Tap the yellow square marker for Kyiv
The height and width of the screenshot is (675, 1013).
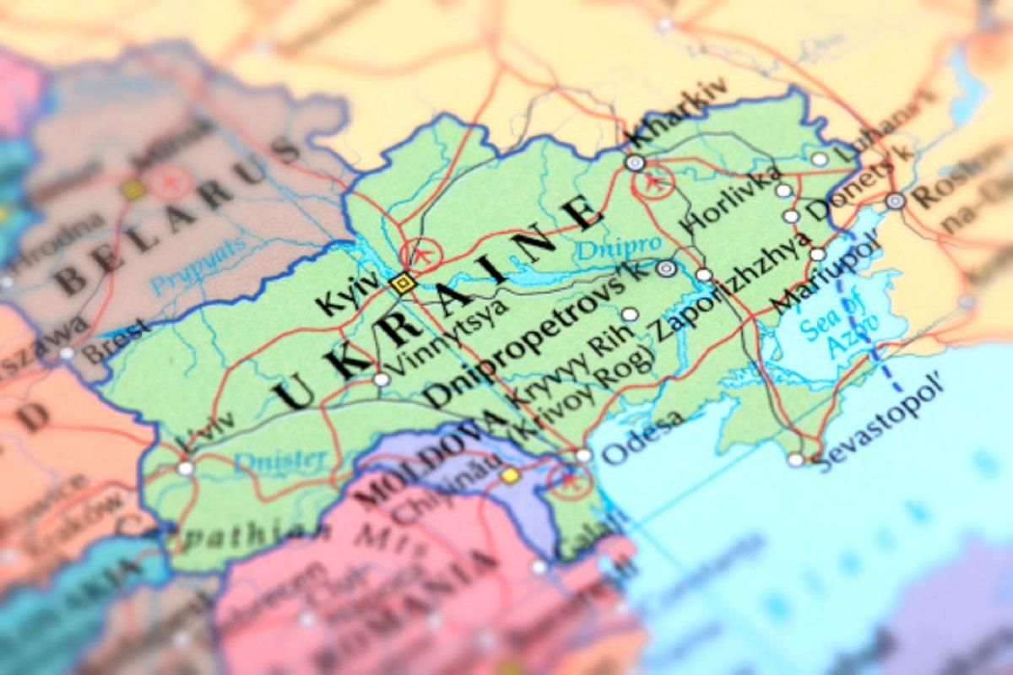tap(404, 283)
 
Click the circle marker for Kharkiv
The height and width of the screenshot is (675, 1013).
tap(635, 163)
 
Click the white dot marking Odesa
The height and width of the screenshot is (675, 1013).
tap(583, 456)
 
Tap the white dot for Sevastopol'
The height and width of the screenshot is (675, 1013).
tap(796, 460)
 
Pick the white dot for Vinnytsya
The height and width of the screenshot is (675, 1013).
tap(382, 380)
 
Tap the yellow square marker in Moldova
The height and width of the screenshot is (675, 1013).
tap(510, 475)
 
